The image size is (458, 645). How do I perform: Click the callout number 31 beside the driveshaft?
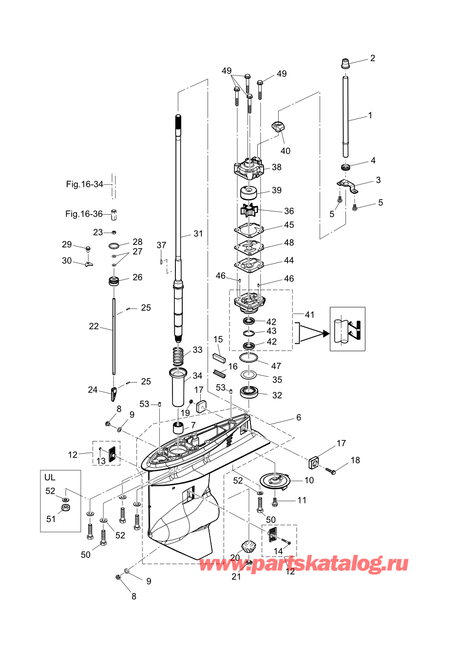pos(198,234)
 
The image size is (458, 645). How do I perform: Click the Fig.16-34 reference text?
pos(84,184)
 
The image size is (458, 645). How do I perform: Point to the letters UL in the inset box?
pos(50,478)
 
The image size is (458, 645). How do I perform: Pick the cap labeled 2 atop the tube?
pos(345,64)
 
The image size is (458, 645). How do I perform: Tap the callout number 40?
pos(286,150)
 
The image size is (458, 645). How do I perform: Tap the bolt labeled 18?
pos(331,471)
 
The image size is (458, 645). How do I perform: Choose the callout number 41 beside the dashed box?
pos(309,315)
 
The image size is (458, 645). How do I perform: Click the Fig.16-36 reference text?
pos(84,214)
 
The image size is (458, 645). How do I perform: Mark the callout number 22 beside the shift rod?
pos(94,326)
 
